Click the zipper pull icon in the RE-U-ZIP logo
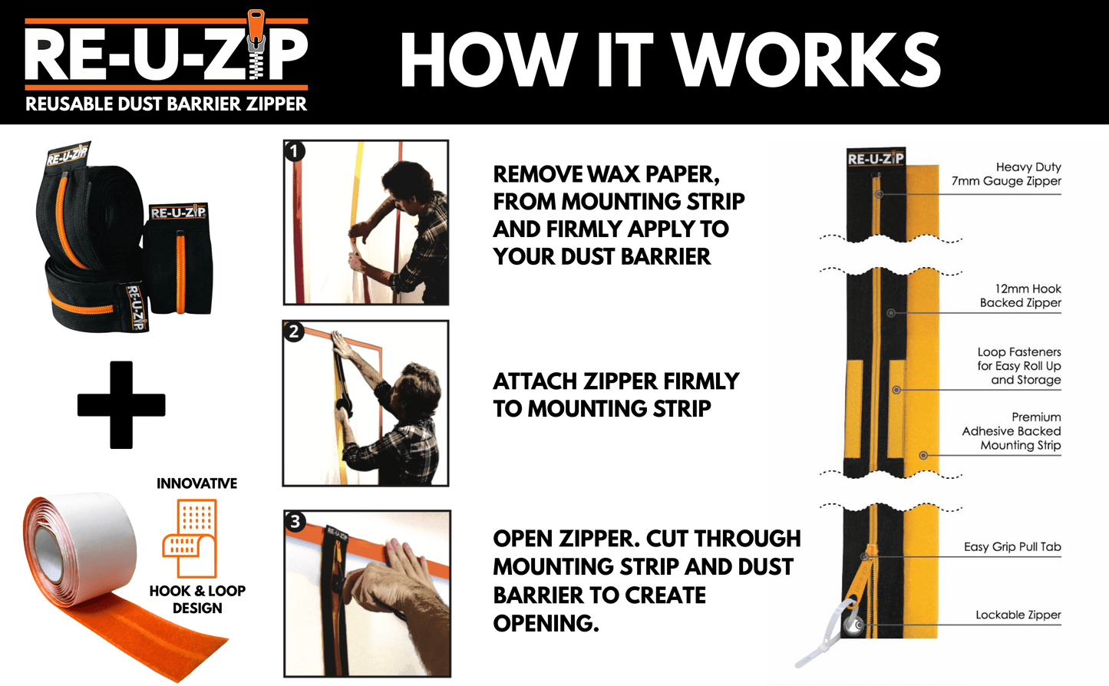tap(256, 46)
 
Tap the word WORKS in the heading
tap(806, 61)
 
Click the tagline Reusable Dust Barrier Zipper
tap(166, 104)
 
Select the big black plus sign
tap(121, 405)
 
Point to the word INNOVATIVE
tap(196, 483)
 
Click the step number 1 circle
tap(295, 151)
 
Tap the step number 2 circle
tap(294, 332)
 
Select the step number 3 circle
tap(295, 522)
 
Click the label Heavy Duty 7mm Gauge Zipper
tap(1006, 174)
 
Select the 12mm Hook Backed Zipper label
tap(1020, 296)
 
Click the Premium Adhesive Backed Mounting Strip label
tap(1012, 431)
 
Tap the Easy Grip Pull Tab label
tap(1012, 547)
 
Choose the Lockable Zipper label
tap(1018, 615)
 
